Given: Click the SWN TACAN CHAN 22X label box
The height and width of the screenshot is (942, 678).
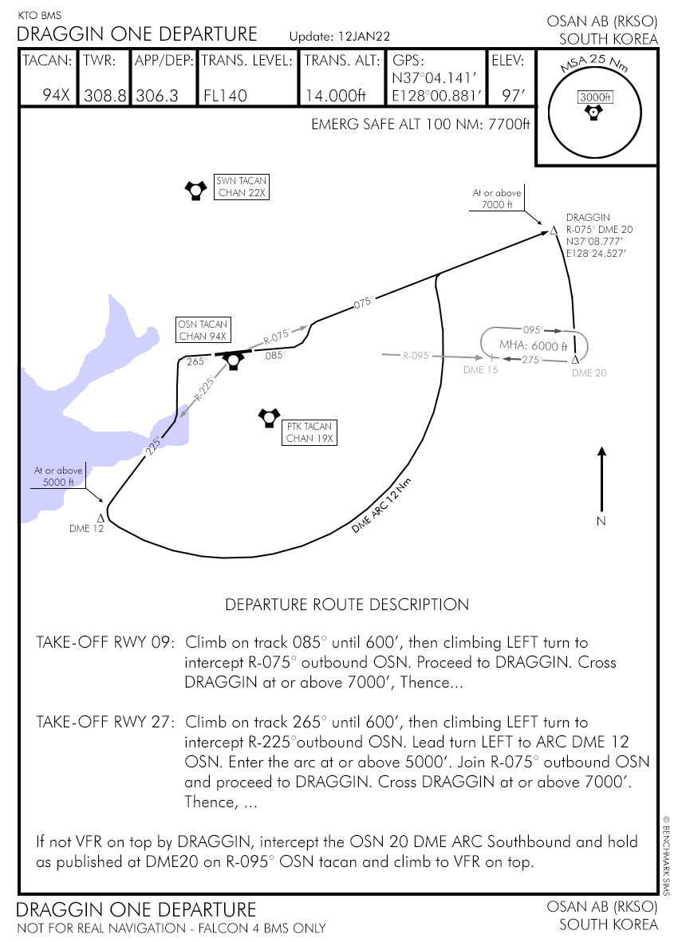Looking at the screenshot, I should (242, 187).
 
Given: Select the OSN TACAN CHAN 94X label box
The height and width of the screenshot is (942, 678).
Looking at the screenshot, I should (203, 330).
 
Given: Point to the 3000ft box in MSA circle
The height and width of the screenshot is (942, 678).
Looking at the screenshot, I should (594, 97).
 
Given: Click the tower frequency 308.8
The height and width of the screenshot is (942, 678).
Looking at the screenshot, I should (104, 96).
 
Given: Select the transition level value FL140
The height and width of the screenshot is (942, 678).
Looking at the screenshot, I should (225, 96).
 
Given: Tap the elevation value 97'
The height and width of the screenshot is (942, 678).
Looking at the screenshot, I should (513, 96).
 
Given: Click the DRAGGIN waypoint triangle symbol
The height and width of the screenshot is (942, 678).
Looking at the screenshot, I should (554, 231).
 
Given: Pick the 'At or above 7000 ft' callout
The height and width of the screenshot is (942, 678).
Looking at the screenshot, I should (497, 199).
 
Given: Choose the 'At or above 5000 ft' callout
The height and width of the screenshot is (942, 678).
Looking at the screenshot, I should (53, 476).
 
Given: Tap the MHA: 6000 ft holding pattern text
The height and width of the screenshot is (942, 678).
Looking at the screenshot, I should (533, 345).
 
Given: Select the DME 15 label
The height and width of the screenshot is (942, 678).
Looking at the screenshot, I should (481, 370).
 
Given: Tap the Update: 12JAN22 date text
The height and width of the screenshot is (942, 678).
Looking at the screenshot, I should (339, 37).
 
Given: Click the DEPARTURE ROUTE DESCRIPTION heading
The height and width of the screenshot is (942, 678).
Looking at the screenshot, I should (347, 604).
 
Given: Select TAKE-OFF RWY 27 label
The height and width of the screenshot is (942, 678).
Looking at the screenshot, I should (104, 722).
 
